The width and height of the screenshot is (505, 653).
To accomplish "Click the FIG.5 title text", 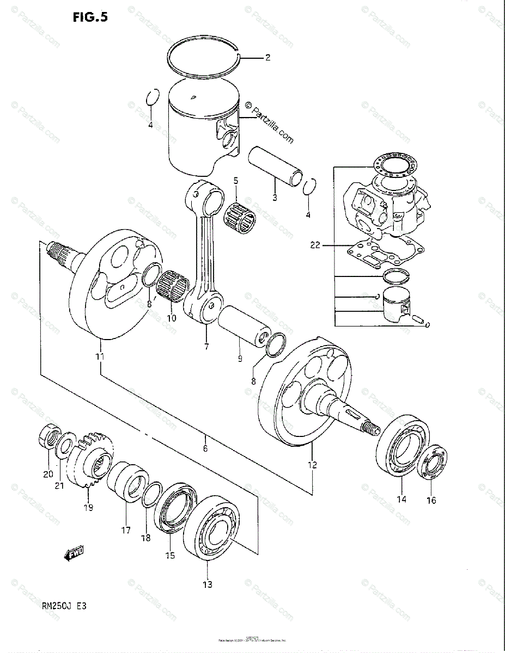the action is (90, 17).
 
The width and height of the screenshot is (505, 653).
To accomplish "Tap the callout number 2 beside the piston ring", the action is (267, 57).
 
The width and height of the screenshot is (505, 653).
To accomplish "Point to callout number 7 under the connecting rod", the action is (206, 346).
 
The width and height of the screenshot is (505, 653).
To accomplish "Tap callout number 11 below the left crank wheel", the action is (100, 357).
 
